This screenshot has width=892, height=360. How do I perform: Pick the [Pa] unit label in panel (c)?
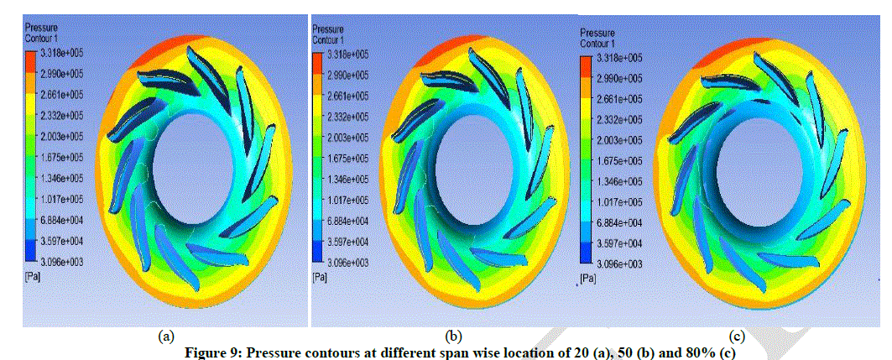[x=589, y=277]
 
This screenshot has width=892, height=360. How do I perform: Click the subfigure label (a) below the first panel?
[x=166, y=337]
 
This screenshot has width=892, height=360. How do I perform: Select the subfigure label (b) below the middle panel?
[x=453, y=337]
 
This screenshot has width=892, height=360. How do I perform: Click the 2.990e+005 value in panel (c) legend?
[x=619, y=78]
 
